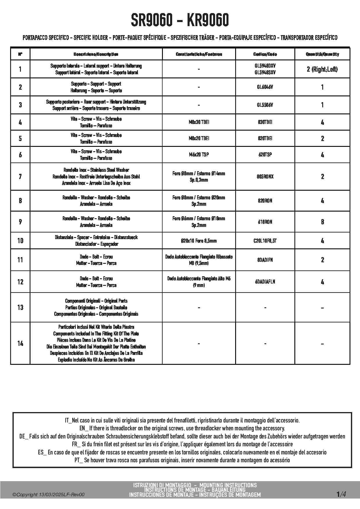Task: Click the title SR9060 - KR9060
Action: coord(180,20)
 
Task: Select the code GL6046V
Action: coord(265,87)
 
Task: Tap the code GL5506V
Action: coord(265,105)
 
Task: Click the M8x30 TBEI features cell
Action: coord(199,122)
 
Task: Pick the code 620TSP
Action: coord(265,155)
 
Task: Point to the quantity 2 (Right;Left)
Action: coord(322,69)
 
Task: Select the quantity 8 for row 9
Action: coord(322,222)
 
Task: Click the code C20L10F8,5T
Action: coord(265,241)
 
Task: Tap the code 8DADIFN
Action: coord(265,260)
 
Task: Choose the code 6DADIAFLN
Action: coord(265,282)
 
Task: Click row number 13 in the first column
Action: coord(20,307)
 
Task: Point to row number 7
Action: coord(20,176)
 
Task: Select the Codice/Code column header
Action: coord(265,54)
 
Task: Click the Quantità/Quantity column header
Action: coord(322,54)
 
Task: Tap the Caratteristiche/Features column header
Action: coord(199,54)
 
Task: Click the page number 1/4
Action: coord(341,494)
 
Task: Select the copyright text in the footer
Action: coord(48,495)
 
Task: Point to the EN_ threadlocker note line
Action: coord(182,428)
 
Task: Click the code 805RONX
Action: coord(265,176)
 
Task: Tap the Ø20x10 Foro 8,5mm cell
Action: coord(199,241)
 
